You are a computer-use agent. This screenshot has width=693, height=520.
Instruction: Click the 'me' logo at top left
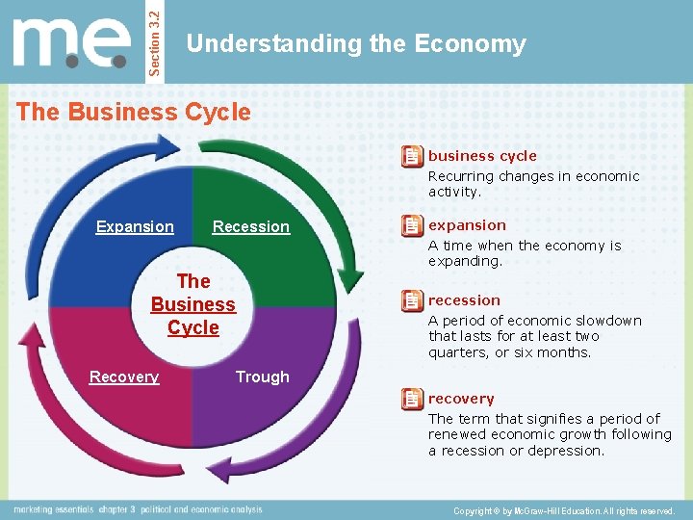coord(72,44)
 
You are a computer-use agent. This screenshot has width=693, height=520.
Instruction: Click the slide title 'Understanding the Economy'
coord(356,44)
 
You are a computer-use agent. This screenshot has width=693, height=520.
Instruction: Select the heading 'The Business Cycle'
coord(134,112)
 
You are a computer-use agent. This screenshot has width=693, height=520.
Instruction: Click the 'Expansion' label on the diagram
coord(135,227)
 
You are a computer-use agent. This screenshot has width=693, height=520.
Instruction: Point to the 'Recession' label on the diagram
coord(250,227)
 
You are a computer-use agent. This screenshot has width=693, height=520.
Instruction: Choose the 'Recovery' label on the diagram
coord(124,377)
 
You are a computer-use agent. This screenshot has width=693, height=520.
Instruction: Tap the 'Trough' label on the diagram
coord(262,377)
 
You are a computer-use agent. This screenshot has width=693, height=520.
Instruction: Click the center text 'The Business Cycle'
coord(192,304)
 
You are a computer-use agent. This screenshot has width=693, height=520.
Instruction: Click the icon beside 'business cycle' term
coord(412,156)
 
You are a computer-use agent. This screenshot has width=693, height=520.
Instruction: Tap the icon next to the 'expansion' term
coord(412,226)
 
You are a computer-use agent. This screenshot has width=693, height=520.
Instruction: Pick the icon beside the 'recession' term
coord(412,300)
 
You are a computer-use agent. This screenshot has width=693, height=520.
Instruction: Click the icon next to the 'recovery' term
coord(412,399)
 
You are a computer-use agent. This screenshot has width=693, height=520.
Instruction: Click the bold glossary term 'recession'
coord(464,300)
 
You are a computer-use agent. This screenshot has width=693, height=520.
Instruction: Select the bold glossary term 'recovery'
coord(461,399)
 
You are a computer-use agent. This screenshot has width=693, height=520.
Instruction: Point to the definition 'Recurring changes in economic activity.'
coord(533,184)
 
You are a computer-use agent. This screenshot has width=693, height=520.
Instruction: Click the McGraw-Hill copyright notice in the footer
coord(565,510)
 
